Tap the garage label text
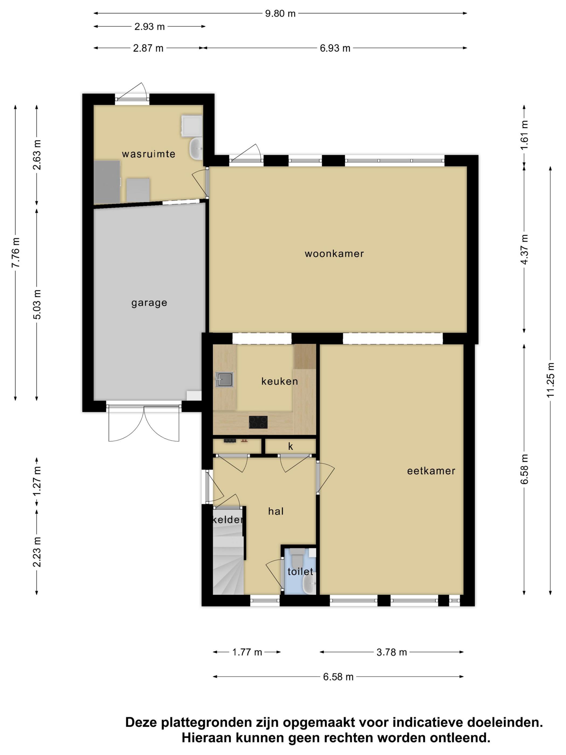[x=149, y=303]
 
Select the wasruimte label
[x=149, y=154]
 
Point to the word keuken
[x=279, y=381]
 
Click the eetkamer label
[x=431, y=471]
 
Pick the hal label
[x=276, y=511]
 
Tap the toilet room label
[x=300, y=571]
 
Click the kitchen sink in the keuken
[x=225, y=379]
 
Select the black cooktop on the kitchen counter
[x=258, y=422]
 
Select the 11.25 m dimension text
[x=550, y=380]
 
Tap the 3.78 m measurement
[x=391, y=652]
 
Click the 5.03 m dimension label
[x=37, y=304]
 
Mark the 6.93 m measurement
[x=335, y=48]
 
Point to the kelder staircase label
[x=227, y=520]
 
